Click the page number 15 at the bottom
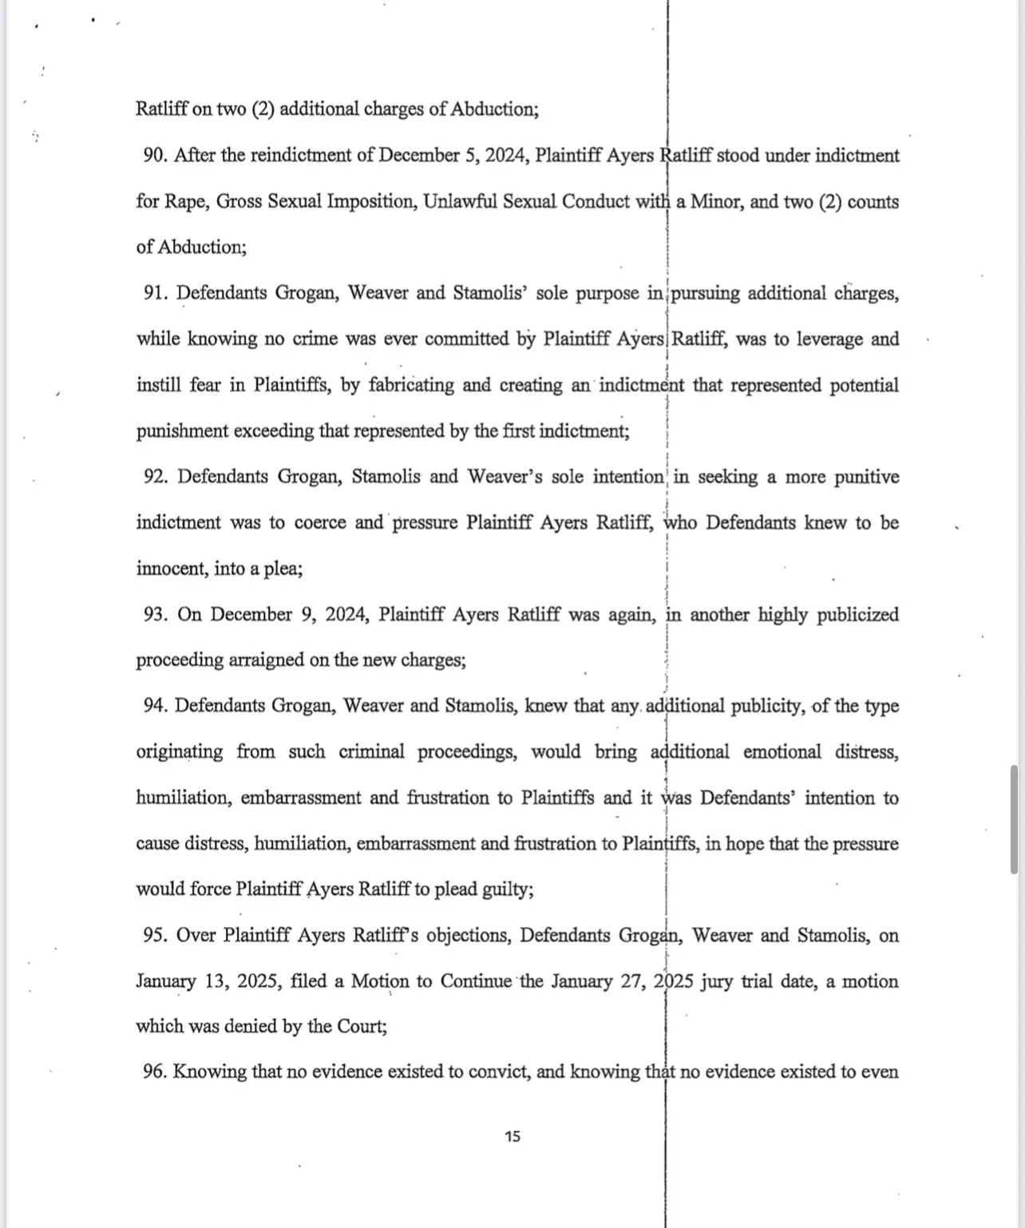click(512, 1136)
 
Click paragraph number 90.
click(154, 156)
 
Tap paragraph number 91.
click(155, 293)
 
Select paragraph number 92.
click(155, 477)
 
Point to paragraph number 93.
click(155, 615)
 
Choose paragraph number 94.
click(154, 707)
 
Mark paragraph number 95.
click(154, 936)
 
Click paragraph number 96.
click(154, 1072)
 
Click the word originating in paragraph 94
click(179, 752)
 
